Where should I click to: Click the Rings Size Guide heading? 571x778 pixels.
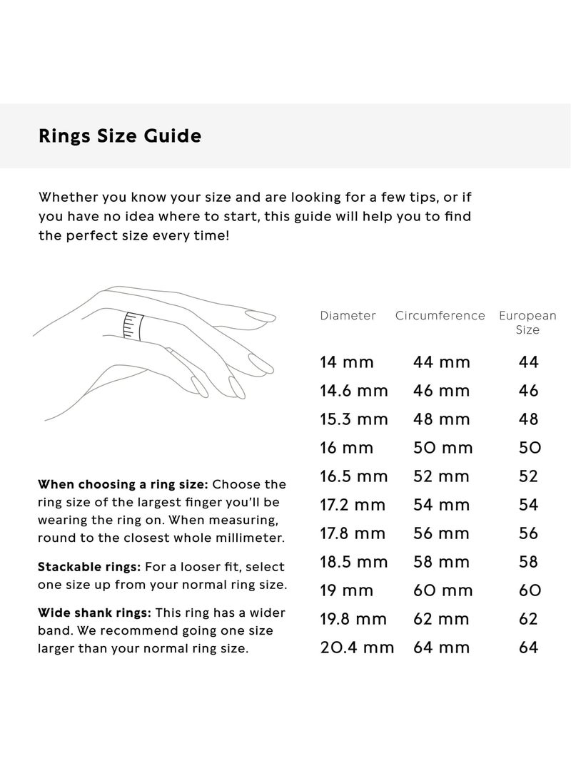coord(120,135)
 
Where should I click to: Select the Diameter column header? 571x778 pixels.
coord(348,315)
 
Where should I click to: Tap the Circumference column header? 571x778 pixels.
coord(440,315)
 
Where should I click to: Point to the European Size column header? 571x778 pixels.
coord(527,322)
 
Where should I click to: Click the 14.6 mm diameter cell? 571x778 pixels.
coord(354,391)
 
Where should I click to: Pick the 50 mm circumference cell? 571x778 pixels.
coord(443,448)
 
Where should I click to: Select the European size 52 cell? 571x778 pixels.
coord(528,476)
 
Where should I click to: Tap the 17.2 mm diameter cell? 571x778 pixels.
coord(353,505)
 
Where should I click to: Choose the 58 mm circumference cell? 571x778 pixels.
coord(442,562)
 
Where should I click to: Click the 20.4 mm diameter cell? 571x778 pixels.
coord(357,648)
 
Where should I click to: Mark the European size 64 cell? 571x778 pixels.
coord(528,648)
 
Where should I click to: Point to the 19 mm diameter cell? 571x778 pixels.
coord(347,590)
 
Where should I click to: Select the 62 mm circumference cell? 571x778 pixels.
coord(442,619)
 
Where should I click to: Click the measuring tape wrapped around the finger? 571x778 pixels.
coord(130,325)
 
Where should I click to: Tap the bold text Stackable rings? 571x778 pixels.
coord(89,567)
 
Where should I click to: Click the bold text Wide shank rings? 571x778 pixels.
coord(94,613)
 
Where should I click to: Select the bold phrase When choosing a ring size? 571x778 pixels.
coord(123,485)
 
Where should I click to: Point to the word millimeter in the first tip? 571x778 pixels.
coord(245,538)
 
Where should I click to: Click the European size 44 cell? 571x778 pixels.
coord(528,362)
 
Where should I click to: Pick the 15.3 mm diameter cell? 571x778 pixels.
coord(353,419)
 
